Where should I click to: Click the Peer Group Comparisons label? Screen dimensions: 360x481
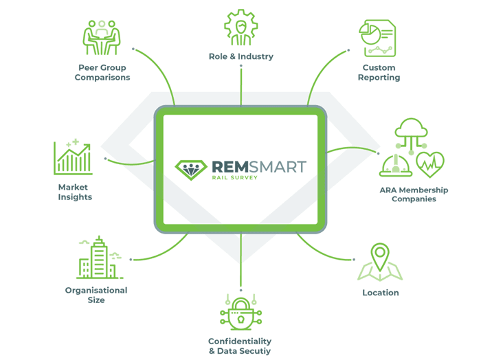[x=102, y=73]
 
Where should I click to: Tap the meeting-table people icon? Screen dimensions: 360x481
[x=102, y=37]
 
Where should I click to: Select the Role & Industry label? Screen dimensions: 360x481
[x=241, y=56]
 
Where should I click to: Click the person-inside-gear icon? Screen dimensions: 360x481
[x=241, y=28]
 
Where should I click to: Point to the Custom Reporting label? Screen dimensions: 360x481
[x=379, y=73]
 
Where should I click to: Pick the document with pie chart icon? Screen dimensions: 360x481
[x=377, y=38]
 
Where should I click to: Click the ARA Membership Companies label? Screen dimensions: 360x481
[x=414, y=194]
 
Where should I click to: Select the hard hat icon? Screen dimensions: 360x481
[x=396, y=166]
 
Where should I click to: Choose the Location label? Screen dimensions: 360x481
[x=381, y=293]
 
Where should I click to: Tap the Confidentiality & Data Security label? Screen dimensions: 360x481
[x=240, y=346]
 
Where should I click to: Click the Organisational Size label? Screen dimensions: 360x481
[x=96, y=295]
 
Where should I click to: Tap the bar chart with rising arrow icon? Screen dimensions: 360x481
[x=74, y=157]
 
